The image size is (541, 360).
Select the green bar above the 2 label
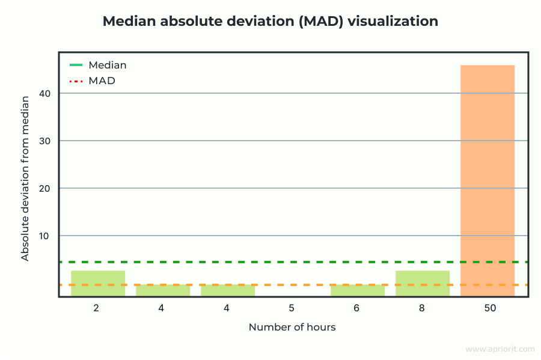click(x=98, y=283)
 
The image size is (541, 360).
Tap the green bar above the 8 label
click(x=423, y=283)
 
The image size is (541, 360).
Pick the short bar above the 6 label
click(x=358, y=290)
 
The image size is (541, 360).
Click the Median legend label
click(x=107, y=65)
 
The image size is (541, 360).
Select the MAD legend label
click(x=102, y=80)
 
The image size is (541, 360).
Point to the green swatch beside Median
click(x=76, y=65)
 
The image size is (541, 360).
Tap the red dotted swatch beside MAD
click(x=76, y=80)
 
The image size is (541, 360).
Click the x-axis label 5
click(x=292, y=308)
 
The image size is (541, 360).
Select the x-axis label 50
click(x=487, y=308)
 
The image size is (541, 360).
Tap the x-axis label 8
click(x=423, y=308)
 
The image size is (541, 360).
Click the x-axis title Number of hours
click(x=292, y=327)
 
